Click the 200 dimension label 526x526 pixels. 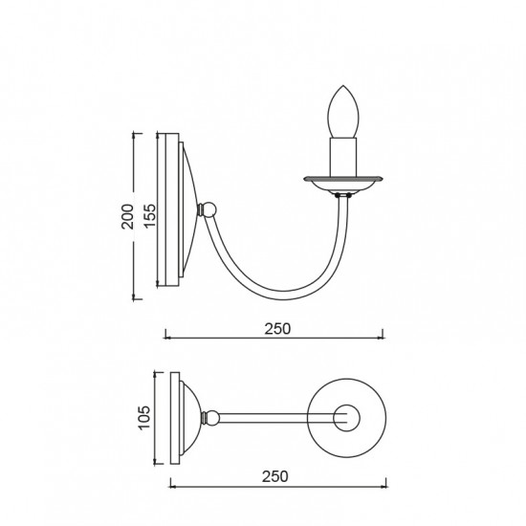point(127,216)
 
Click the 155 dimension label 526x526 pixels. point(150,215)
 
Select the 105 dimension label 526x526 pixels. point(144,418)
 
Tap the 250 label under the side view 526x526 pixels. point(277,329)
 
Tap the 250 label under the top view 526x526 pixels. point(275,476)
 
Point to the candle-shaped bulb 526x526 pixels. point(343,112)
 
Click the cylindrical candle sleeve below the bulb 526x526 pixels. point(343,158)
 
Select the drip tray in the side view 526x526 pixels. point(342,185)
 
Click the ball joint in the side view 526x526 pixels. point(209,210)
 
